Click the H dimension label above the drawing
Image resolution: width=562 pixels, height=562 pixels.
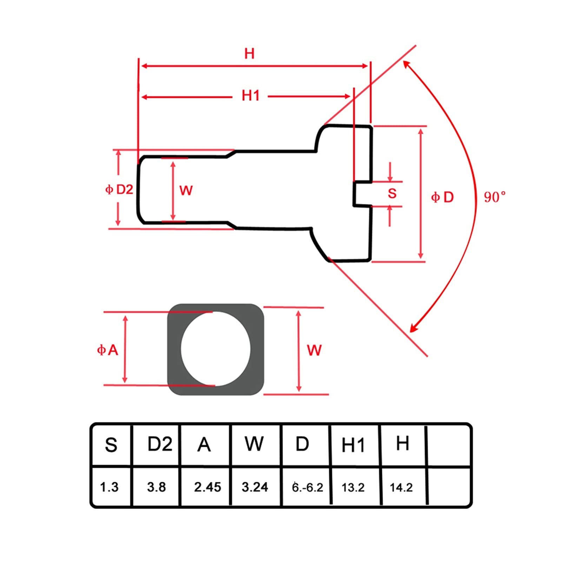tap(249, 54)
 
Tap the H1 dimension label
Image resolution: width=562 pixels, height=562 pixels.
tap(251, 95)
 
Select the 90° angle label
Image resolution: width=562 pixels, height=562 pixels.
tap(495, 197)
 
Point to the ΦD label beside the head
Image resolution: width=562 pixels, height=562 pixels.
tap(442, 197)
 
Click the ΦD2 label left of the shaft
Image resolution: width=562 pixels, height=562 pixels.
tap(119, 190)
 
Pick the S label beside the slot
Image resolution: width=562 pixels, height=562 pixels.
tap(392, 193)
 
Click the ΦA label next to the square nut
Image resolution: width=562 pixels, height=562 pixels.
tap(107, 350)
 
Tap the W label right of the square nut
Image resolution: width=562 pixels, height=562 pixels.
tap(314, 350)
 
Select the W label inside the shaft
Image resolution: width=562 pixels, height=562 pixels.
tap(186, 191)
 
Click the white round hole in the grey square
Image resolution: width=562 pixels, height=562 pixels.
tap(216, 349)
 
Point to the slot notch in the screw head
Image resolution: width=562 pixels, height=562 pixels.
tap(362, 193)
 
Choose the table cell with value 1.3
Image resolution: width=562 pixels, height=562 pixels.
tap(109, 487)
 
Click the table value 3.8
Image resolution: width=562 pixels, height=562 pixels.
tap(157, 487)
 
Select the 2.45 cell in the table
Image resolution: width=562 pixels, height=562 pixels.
tap(207, 487)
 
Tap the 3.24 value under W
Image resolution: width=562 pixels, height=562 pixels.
tap(255, 487)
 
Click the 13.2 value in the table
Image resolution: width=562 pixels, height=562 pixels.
tap(353, 488)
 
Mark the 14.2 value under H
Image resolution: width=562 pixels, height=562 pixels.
tap(401, 488)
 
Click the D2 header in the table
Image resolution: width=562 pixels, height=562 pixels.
tap(160, 444)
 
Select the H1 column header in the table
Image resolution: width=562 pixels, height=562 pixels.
tap(353, 445)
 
